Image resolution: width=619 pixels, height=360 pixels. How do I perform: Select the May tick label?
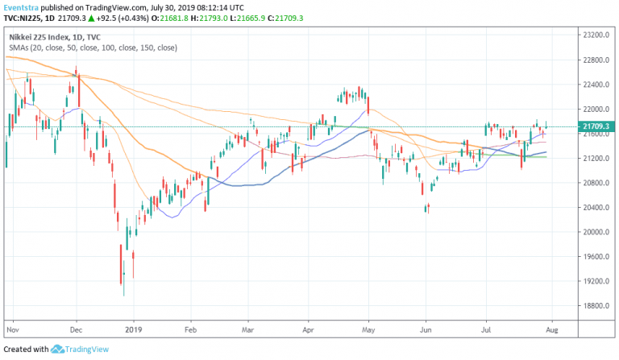[368, 330]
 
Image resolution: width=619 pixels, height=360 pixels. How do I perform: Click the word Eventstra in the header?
[20, 6]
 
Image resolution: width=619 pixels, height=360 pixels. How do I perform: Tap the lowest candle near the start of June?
[426, 209]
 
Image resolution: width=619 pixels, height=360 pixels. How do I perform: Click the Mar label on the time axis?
[250, 330]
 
